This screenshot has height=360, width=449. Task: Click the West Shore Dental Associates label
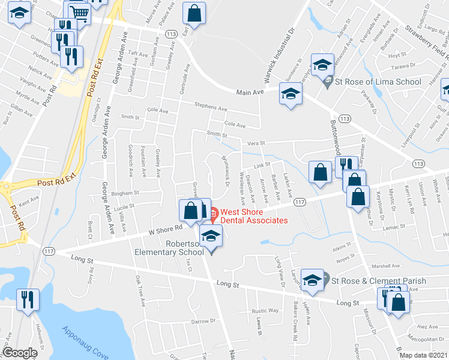pyautogui.click(x=254, y=215)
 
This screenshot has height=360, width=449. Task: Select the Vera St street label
pyautogui.click(x=256, y=143)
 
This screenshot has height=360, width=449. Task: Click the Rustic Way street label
pyautogui.click(x=265, y=311)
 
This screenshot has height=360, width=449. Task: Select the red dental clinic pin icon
pyautogui.click(x=213, y=212)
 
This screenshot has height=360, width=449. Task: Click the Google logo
pyautogui.click(x=20, y=353)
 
